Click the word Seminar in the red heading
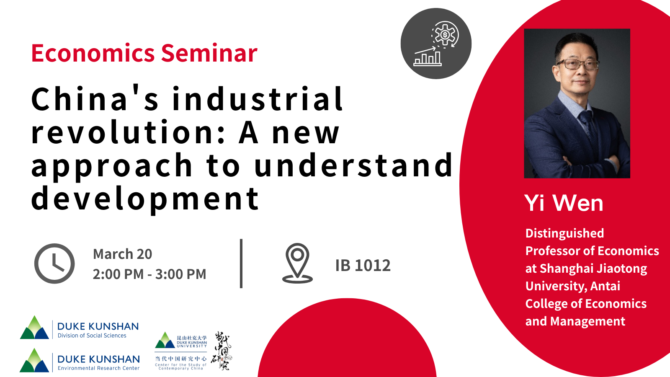[209, 54]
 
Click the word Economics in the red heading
[93, 54]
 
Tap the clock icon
[54, 263]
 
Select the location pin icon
[297, 263]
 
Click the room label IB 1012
[363, 266]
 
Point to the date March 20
[122, 254]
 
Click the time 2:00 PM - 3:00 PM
[149, 274]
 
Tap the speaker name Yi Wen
[564, 203]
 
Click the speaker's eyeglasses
[577, 65]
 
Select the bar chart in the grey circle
[428, 58]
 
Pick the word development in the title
[145, 199]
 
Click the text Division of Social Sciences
[92, 336]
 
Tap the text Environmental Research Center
[98, 368]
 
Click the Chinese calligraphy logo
[221, 351]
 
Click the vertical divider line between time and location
[241, 263]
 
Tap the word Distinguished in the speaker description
[564, 233]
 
